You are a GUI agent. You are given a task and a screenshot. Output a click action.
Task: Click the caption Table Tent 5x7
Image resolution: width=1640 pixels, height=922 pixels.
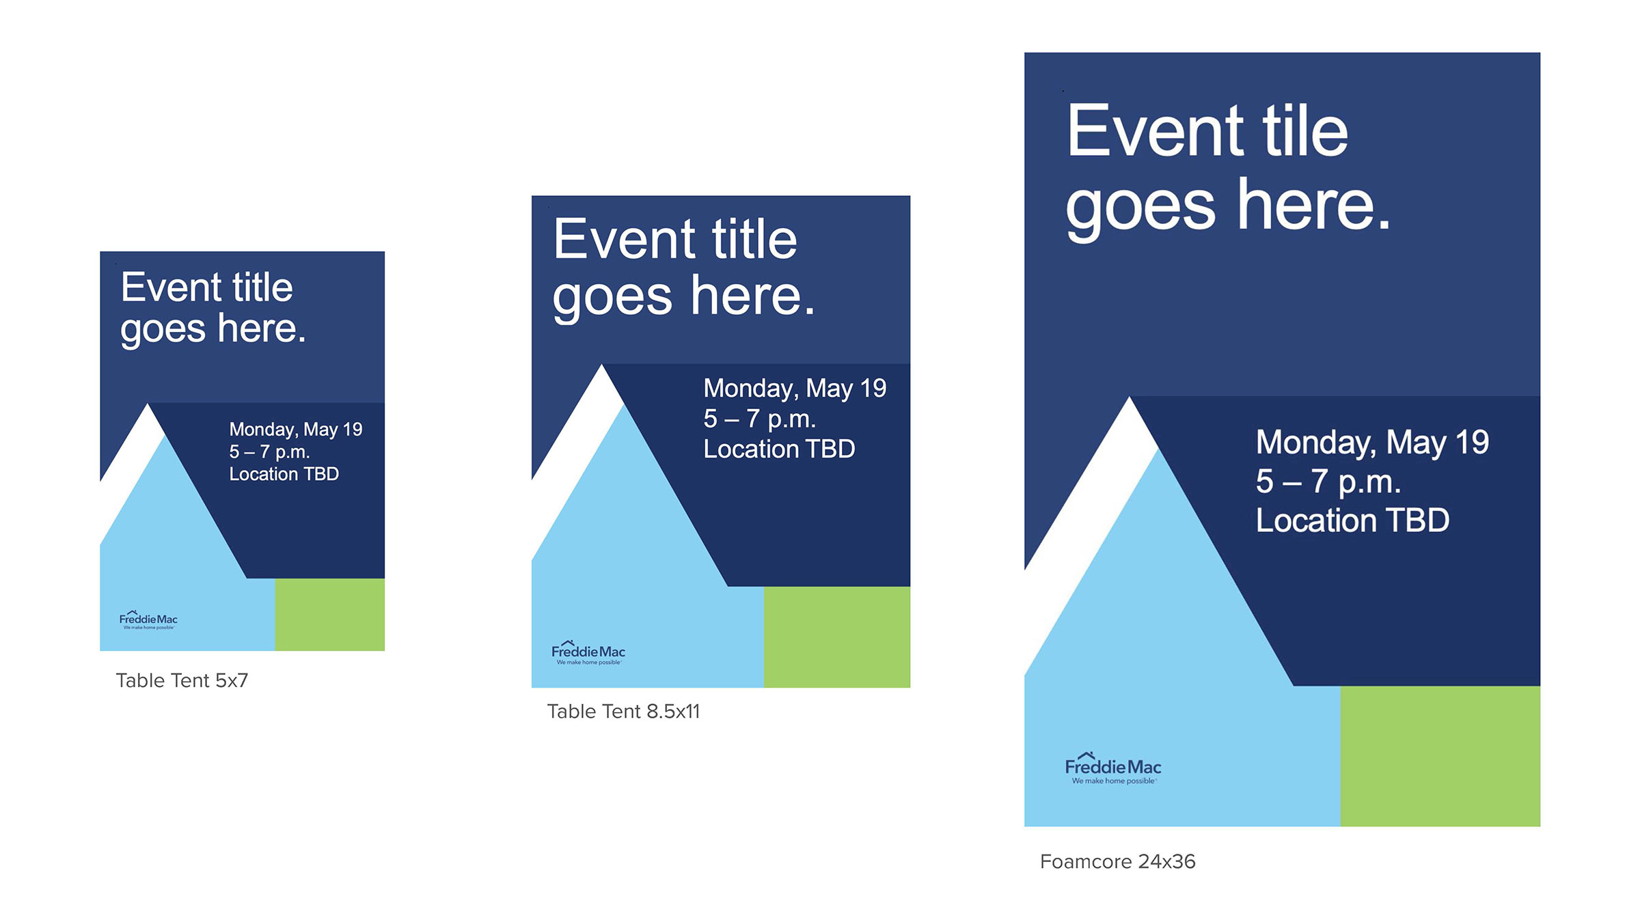182,681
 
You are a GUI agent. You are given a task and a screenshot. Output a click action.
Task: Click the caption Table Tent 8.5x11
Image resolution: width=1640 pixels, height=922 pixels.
623,712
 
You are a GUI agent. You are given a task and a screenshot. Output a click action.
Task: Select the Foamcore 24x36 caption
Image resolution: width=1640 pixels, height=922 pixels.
1117,862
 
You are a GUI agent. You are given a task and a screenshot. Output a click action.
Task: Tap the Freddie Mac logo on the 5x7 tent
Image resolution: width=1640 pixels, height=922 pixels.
148,619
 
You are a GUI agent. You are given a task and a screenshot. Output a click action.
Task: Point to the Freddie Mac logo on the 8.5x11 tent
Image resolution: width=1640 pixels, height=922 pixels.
588,652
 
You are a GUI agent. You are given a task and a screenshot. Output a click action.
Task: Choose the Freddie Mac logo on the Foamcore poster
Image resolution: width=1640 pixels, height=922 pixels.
1113,768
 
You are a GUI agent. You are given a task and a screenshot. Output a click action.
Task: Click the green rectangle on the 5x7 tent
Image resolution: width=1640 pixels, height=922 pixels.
330,615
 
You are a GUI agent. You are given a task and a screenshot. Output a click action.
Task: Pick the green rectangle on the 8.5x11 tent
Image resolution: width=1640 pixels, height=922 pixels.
837,637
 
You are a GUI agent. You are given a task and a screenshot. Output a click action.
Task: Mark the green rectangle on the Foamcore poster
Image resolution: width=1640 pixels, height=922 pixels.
1440,757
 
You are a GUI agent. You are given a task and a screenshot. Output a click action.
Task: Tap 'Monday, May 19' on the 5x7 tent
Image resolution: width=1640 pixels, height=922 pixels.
296,430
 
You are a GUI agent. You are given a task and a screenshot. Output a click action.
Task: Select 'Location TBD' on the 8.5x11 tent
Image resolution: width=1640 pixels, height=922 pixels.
779,449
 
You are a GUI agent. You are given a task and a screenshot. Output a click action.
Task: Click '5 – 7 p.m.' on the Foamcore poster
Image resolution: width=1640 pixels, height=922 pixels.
1328,481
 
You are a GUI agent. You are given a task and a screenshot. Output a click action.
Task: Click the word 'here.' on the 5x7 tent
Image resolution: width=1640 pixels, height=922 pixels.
262,329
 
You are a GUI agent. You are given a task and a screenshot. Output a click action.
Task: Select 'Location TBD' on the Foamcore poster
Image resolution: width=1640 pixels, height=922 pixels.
1352,520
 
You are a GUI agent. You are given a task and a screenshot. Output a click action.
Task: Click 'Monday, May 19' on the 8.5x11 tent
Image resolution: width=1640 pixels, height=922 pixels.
795,389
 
